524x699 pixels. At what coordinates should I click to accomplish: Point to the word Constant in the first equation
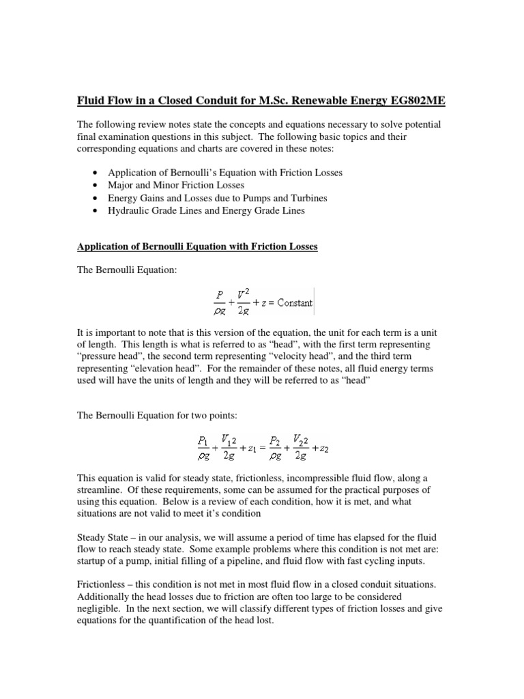(x=291, y=302)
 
